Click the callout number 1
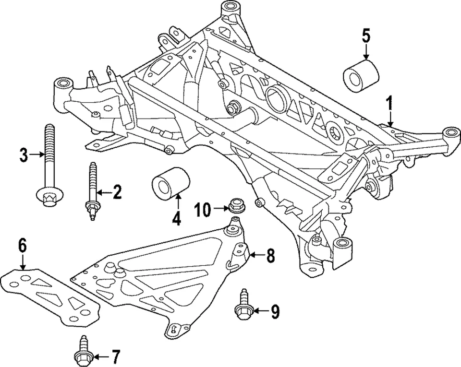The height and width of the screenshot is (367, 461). [x=390, y=102]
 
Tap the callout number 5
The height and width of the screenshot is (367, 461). [x=366, y=36]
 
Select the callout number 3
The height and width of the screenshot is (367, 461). [x=23, y=154]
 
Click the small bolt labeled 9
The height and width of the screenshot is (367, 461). [x=242, y=305]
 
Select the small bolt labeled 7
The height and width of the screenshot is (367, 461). [x=82, y=352]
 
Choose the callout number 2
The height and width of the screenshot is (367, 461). [x=117, y=193]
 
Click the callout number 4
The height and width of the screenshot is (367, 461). [x=176, y=219]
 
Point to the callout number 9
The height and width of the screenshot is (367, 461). [x=274, y=312]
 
